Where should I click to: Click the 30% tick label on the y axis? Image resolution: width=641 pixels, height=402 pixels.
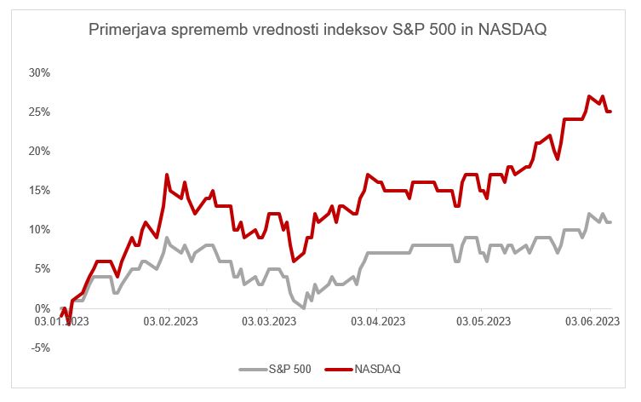pos(40,72)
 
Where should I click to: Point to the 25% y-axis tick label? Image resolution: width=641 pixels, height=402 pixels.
pos(40,112)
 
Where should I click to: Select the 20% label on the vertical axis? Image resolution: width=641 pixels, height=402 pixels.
pos(40,151)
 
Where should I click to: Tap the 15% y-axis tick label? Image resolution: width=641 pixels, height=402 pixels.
pos(40,190)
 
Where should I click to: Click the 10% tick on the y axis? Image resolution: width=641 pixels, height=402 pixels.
pos(40,229)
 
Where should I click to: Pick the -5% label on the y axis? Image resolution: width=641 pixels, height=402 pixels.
pos(41,347)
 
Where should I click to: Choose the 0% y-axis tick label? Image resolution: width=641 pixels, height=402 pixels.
pos(43,308)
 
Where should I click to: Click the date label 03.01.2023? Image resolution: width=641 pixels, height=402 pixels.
pos(65,320)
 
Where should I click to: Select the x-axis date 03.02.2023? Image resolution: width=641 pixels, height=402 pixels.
pos(169,320)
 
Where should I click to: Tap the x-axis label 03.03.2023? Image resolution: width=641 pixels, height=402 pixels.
pos(270,320)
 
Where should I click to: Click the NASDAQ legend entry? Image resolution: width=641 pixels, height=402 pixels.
pos(376,370)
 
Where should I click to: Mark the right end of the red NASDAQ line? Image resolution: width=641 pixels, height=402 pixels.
pos(611,112)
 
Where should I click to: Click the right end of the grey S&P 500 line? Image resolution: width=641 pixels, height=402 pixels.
pos(611,222)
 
